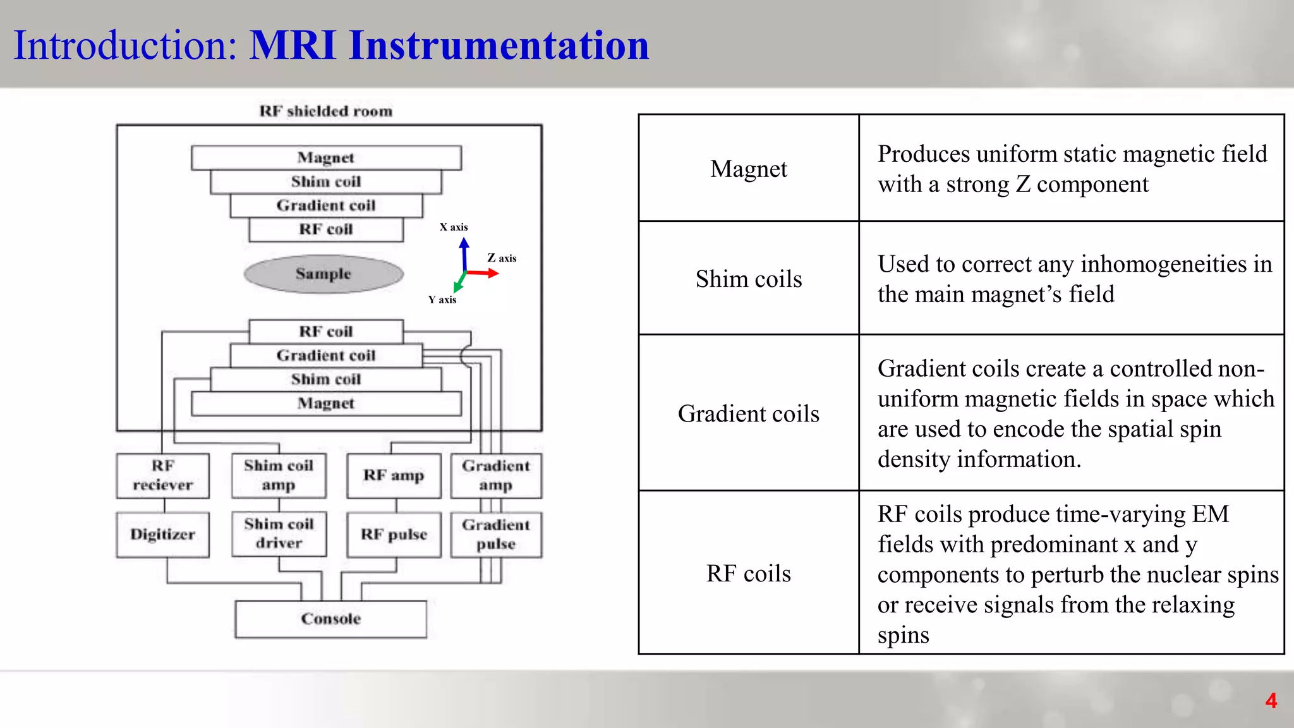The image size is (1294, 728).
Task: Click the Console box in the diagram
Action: click(330, 619)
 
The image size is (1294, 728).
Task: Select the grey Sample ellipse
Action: click(323, 274)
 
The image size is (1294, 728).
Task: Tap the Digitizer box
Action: click(163, 535)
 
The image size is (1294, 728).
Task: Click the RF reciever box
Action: click(163, 475)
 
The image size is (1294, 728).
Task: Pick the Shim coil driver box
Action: click(279, 534)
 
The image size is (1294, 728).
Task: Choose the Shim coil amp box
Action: click(279, 475)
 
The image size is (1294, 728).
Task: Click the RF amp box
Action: click(394, 475)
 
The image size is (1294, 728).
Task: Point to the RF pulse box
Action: click(394, 535)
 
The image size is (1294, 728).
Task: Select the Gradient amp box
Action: click(496, 475)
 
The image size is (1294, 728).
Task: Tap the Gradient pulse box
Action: click(496, 535)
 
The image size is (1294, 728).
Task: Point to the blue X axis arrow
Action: click(464, 253)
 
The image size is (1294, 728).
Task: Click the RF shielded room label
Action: click(326, 111)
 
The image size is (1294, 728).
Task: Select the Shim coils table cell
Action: click(749, 279)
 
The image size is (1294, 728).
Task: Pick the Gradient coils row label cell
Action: click(749, 413)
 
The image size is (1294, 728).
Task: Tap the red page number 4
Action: click(1271, 701)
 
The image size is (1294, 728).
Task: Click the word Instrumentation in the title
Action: click(499, 45)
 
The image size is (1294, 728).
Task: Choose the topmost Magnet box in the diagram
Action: click(326, 157)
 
